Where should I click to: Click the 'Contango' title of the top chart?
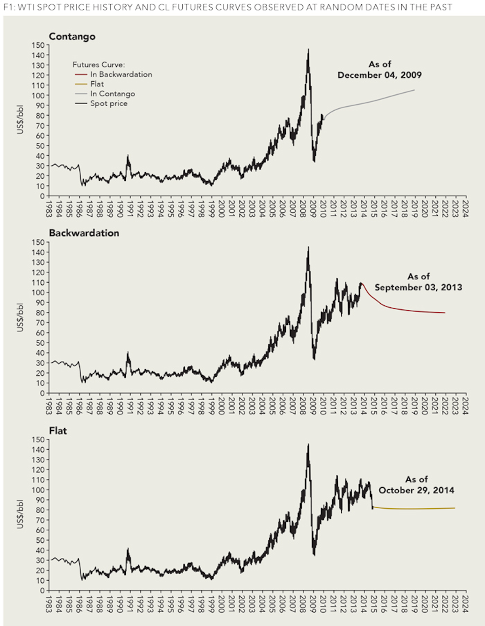pos(72,36)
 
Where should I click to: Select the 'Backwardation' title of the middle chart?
pos(84,233)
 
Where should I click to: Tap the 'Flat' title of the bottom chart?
pos(58,431)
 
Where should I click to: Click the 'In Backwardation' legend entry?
pos(121,74)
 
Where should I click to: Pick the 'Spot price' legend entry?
pos(109,104)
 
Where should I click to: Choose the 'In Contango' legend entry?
pos(112,94)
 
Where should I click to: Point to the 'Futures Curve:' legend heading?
pos(99,65)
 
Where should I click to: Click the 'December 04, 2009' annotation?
pos(380,75)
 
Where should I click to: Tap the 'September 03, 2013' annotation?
pos(418,288)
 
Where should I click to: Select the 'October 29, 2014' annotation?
pos(416,490)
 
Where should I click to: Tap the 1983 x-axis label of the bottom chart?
pos(49,603)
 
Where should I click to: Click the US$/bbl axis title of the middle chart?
pos(20,317)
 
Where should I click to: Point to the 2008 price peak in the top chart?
pos(308,50)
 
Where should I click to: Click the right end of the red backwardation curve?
pos(445,313)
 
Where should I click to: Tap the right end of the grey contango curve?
pos(414,90)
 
